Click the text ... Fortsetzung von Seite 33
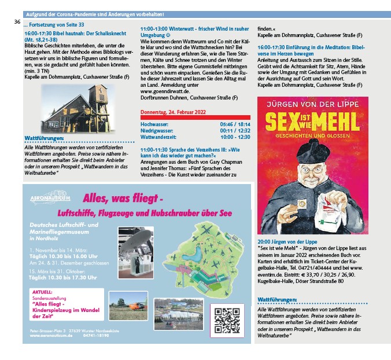coord(54,25)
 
